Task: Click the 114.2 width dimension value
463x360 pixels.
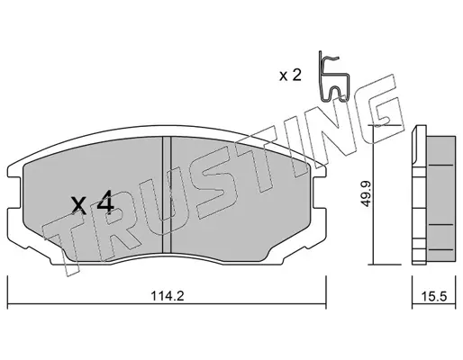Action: click(167, 296)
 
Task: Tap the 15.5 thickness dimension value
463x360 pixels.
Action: click(434, 296)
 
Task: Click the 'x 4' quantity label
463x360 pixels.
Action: click(93, 203)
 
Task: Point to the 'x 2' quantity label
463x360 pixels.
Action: click(290, 76)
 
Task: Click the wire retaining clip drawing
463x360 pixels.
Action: click(334, 78)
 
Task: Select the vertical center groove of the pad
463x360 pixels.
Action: click(167, 195)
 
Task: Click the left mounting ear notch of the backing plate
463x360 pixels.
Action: click(15, 192)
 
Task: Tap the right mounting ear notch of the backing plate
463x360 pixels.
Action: click(320, 192)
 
